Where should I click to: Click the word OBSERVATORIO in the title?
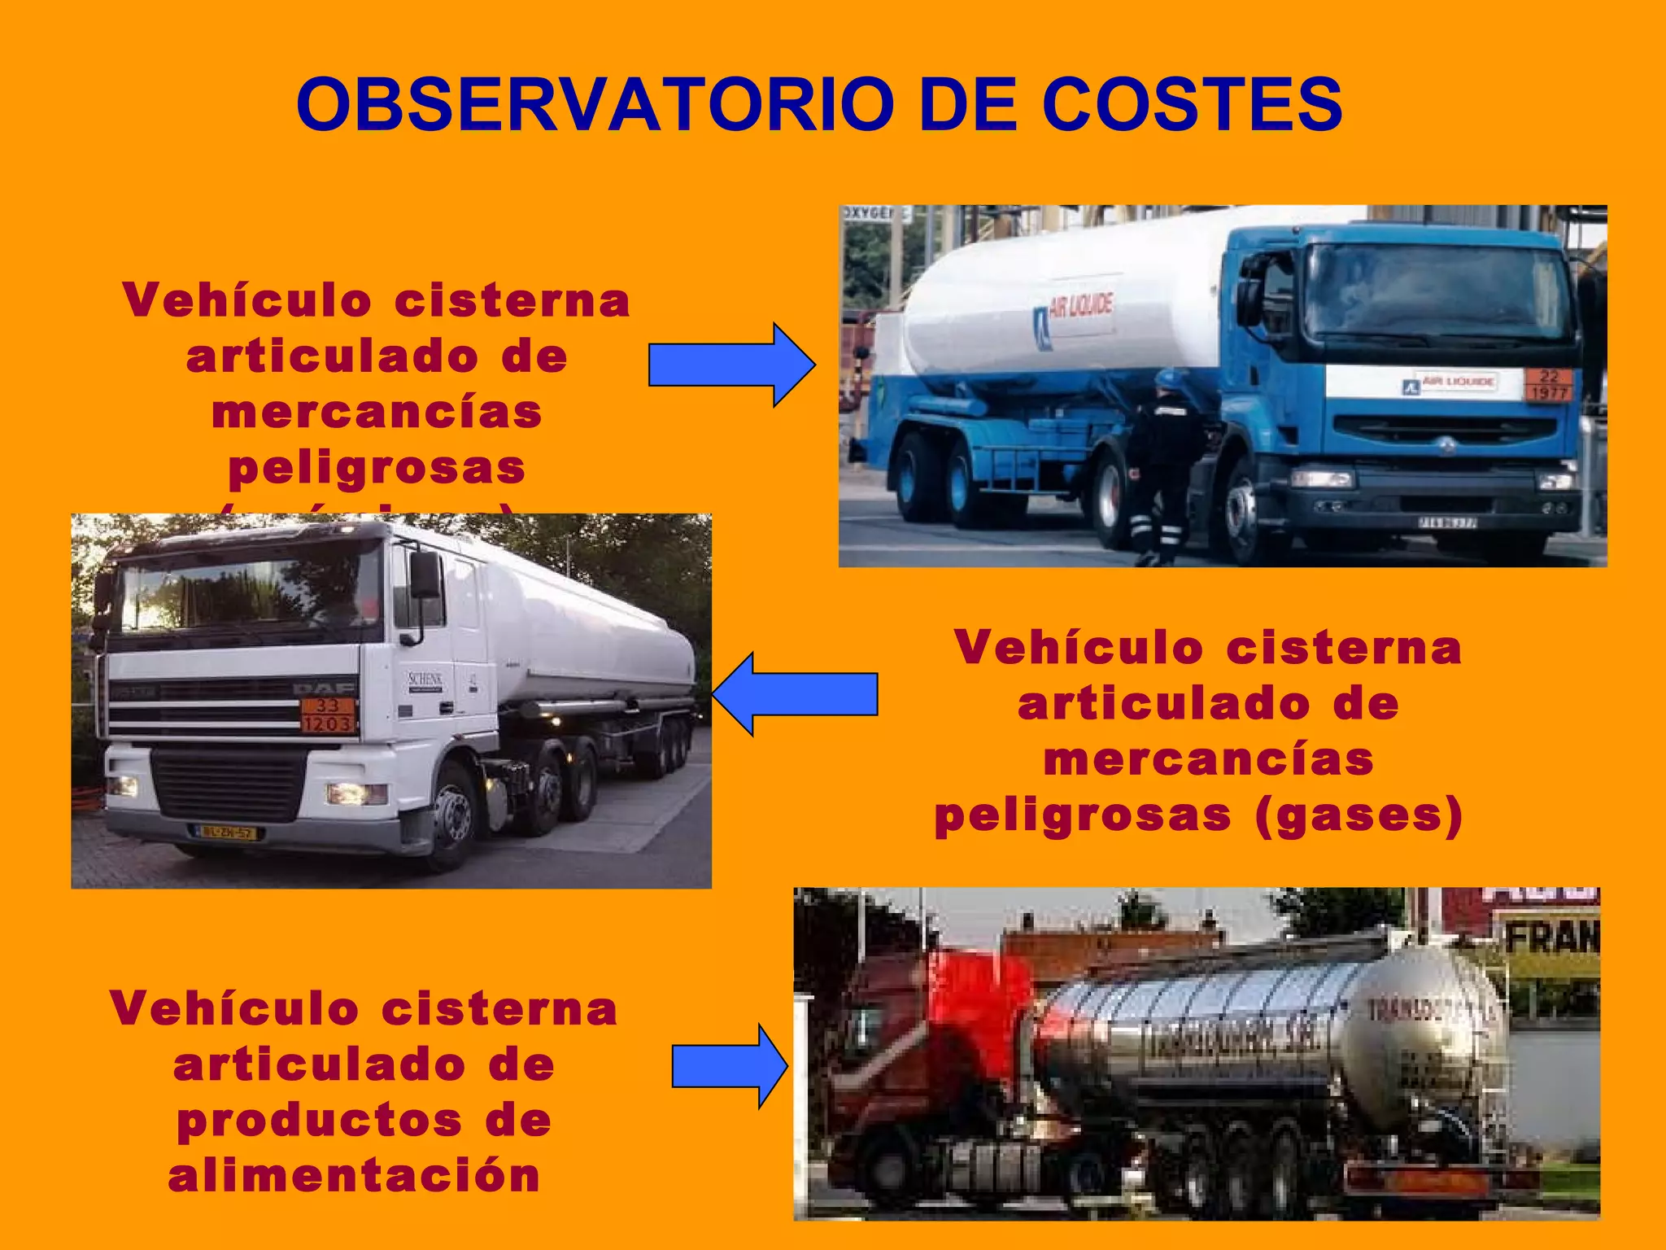pos(594,105)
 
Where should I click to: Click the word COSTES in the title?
pos(1192,105)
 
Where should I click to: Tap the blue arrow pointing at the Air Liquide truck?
pos(731,365)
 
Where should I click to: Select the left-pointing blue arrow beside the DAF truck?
pos(794,694)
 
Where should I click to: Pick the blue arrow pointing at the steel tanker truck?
pos(729,1066)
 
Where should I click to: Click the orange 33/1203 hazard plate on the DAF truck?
pos(328,715)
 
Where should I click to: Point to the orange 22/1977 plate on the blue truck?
pos(1548,385)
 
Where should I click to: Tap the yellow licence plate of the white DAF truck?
pos(227,833)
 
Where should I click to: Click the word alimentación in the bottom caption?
pos(355,1175)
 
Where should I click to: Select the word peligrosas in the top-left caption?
pos(377,468)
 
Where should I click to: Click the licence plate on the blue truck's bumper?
pos(1447,522)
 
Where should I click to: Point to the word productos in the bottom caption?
pos(320,1121)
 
